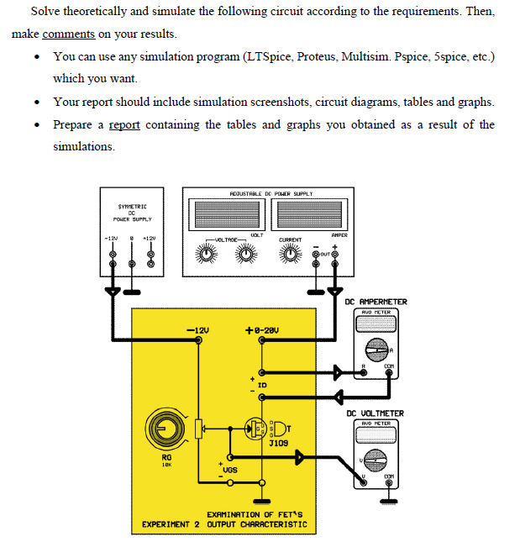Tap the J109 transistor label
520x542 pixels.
click(x=280, y=442)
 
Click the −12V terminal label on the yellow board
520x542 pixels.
click(x=197, y=329)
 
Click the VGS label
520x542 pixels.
click(x=228, y=471)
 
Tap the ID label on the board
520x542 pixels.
click(x=262, y=387)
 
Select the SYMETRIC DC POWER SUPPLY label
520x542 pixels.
click(x=132, y=213)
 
